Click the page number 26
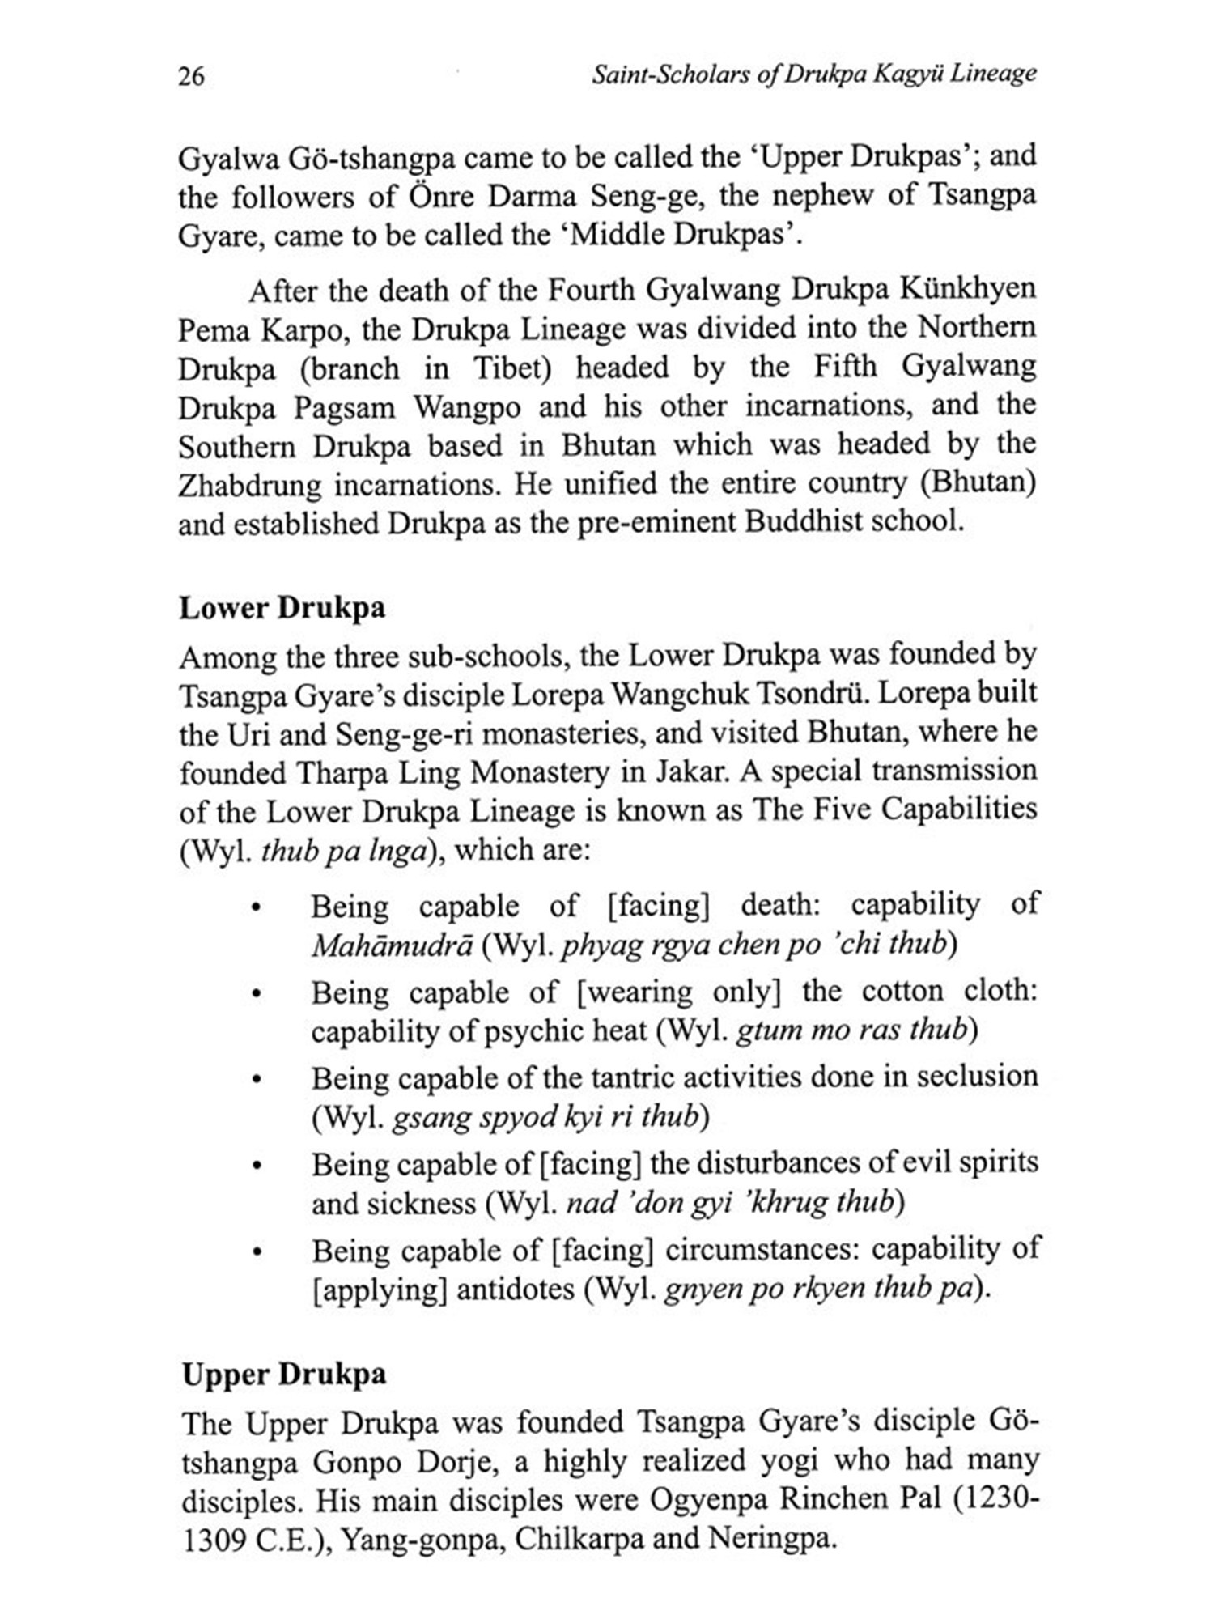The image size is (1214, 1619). [x=192, y=76]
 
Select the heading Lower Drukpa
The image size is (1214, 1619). [x=282, y=608]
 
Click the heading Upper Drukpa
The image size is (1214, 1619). [x=283, y=1375]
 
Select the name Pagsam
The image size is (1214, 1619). [x=345, y=407]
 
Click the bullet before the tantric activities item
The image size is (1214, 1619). [x=256, y=1080]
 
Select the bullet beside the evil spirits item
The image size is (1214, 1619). [x=256, y=1166]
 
